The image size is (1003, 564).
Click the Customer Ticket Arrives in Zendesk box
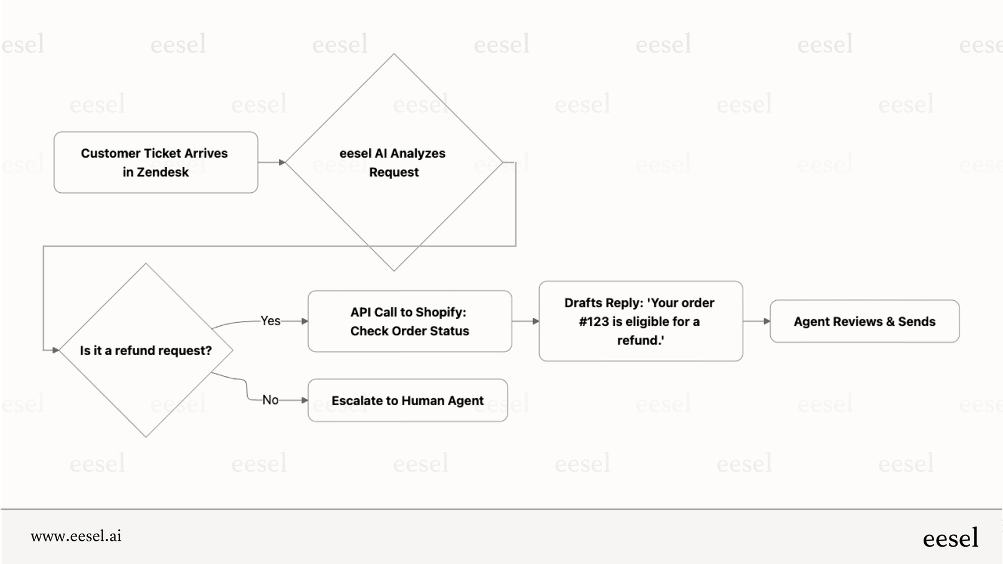(x=155, y=162)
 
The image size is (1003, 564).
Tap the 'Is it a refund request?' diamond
(x=146, y=350)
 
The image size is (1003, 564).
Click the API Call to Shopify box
(x=410, y=321)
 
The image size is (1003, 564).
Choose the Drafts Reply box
(x=641, y=321)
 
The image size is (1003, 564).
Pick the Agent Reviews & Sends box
(x=864, y=321)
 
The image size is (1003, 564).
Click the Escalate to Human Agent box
(x=408, y=400)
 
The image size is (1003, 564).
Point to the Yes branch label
(x=270, y=321)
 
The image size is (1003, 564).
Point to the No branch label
(x=270, y=400)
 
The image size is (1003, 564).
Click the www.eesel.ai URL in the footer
(x=76, y=536)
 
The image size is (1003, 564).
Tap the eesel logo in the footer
(x=950, y=538)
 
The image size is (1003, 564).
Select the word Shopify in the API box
(x=441, y=312)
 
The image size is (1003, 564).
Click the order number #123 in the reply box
(x=593, y=322)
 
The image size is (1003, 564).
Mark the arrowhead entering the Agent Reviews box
(x=767, y=321)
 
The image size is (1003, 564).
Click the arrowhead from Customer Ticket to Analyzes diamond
(x=282, y=162)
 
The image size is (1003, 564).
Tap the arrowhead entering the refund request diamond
(x=56, y=350)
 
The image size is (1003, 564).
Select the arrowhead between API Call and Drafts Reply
(x=536, y=321)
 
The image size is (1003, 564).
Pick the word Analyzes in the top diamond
(x=418, y=153)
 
